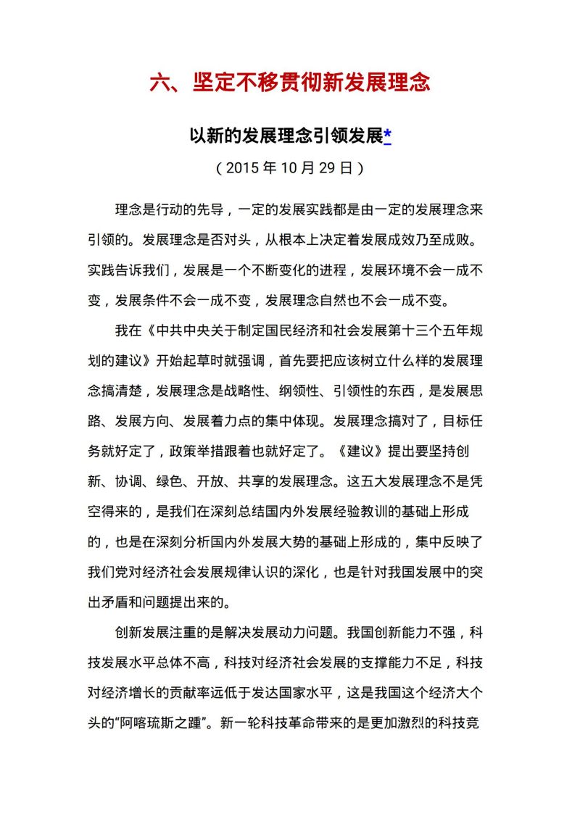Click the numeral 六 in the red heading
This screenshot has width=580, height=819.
(x=159, y=82)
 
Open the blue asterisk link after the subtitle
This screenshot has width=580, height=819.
(x=388, y=136)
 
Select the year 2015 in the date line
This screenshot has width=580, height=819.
(x=241, y=168)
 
